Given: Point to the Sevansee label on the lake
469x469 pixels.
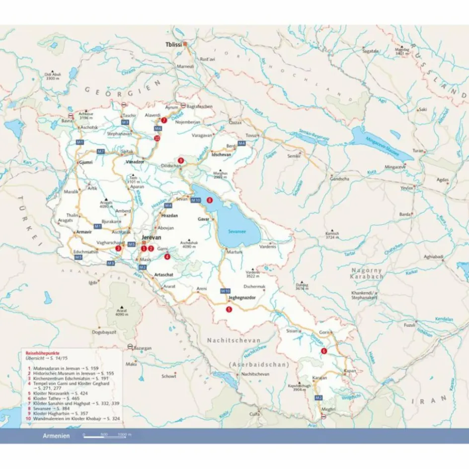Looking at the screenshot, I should (237, 231).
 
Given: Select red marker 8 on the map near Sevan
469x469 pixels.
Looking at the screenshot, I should (210, 200).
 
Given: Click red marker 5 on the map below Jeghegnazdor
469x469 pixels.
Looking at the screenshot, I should (229, 309).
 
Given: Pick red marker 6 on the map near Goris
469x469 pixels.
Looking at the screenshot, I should (324, 351).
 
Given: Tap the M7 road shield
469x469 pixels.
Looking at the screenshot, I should (101, 151).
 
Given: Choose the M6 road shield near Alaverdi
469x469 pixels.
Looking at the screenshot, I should (158, 129).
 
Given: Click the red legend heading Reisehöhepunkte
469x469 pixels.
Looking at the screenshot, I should (43, 352).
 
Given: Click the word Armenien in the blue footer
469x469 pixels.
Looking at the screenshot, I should (56, 436).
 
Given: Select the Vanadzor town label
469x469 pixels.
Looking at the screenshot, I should (134, 162).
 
